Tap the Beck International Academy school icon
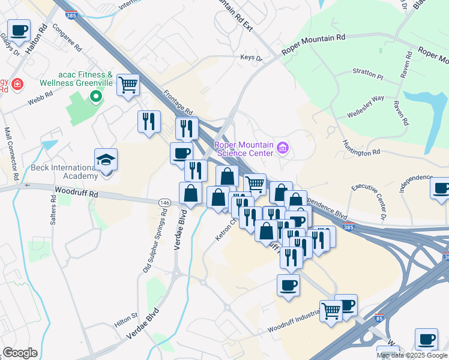tap(106, 160)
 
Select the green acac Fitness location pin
tap(95, 96)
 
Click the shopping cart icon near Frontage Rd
tap(128, 85)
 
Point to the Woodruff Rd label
tap(76, 194)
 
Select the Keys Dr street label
tap(252, 58)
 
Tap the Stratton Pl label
tap(367, 77)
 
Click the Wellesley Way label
tap(366, 106)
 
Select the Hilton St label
tap(126, 319)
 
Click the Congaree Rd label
tap(66, 38)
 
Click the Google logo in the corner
tap(20, 353)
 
